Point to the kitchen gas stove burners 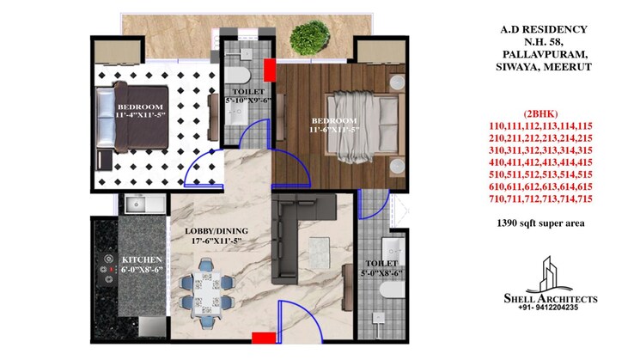click(108, 267)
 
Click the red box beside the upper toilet click(269, 70)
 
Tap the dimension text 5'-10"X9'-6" click(247, 101)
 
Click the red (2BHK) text click(539, 114)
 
